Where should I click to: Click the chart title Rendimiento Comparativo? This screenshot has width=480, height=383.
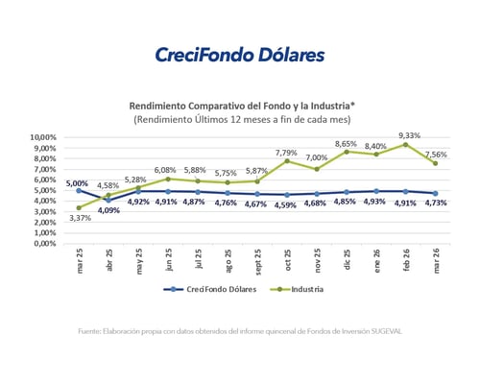pos(239,106)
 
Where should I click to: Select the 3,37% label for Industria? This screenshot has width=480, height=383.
pos(79,218)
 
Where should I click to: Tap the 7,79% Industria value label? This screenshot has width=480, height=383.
pos(286,152)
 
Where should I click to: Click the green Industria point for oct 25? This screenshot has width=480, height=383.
pos(287,161)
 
